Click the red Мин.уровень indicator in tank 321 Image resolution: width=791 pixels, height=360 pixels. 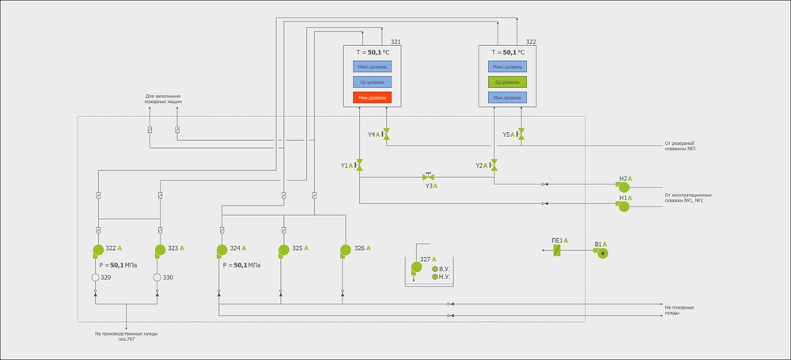click(x=373, y=97)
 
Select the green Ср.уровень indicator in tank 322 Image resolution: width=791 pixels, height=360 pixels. click(x=508, y=81)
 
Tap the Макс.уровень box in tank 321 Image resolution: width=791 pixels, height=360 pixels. click(x=373, y=66)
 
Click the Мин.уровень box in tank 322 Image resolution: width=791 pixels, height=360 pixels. click(x=508, y=97)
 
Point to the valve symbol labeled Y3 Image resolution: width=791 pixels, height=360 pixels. click(x=428, y=177)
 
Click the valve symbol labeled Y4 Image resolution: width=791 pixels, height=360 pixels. click(x=386, y=135)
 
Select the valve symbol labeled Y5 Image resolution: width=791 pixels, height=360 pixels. click(x=520, y=135)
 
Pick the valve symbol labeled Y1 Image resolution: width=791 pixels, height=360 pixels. click(x=359, y=165)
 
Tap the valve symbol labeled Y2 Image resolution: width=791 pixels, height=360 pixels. click(x=494, y=165)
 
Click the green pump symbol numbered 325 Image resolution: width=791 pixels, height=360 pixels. click(x=283, y=251)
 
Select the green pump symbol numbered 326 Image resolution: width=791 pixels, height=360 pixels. click(x=345, y=251)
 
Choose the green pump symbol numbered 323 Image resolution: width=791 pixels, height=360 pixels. click(x=159, y=251)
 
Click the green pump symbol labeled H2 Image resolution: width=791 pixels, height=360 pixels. click(x=623, y=187)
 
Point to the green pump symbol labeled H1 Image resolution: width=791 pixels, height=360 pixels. click(x=623, y=206)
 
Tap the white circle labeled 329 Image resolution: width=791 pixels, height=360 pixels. click(x=96, y=278)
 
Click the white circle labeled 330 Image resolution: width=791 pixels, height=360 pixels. click(x=157, y=278)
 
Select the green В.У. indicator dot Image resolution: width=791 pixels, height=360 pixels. click(x=434, y=269)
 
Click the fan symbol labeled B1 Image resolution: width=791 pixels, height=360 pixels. click(x=602, y=253)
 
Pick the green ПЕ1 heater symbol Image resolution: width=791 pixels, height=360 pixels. click(x=558, y=251)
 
